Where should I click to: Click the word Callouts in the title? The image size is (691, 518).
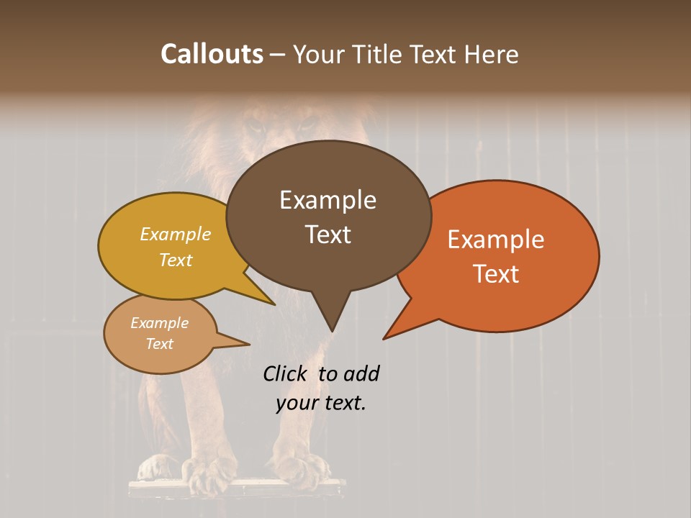point(212,54)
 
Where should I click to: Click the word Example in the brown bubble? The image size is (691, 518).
point(328,200)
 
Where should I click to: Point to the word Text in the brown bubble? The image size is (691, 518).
point(328,234)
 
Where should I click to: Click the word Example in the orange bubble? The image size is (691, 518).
point(496,240)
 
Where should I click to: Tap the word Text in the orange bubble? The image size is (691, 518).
point(496,273)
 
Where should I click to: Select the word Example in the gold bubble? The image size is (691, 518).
point(176,235)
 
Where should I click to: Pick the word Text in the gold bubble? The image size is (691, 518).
point(176,260)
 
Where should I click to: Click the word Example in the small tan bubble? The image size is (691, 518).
point(160,323)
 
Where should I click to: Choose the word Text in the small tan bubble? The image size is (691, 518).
point(160,344)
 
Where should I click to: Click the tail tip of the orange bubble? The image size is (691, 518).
point(384,338)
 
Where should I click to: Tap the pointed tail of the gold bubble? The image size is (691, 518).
point(274,304)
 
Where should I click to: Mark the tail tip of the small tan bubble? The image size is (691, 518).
point(248,344)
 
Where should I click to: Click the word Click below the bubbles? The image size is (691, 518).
point(286,373)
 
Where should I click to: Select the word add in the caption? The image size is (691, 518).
point(361,373)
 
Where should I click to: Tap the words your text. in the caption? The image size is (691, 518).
point(321,403)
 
